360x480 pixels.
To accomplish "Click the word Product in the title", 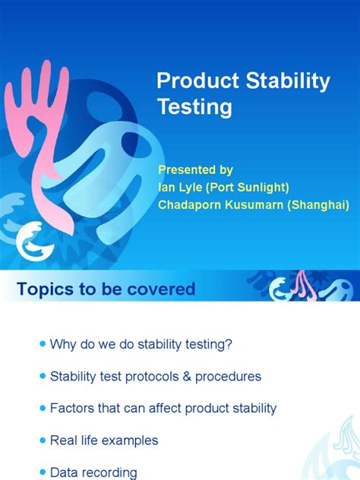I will (x=190, y=81).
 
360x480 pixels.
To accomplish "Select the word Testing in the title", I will (x=194, y=107).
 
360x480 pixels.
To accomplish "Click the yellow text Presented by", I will (x=195, y=169).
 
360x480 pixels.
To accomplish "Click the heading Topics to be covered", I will (x=106, y=289).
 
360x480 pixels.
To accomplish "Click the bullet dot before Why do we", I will (x=41, y=344).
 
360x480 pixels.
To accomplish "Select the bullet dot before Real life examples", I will (x=41, y=440).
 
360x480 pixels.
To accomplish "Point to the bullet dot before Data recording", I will (x=41, y=472).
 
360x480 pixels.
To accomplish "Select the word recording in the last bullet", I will (x=108, y=472).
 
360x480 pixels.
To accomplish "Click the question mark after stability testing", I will (x=229, y=344).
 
